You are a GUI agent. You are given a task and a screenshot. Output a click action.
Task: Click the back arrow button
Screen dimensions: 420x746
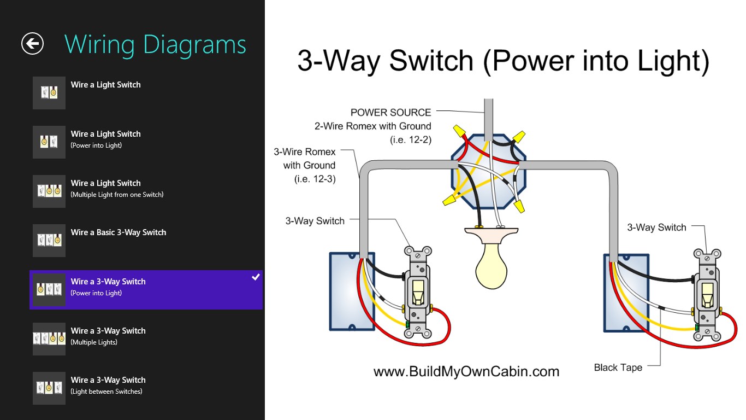(x=32, y=44)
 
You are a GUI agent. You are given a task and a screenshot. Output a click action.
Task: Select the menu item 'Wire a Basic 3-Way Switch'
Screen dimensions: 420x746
(x=119, y=232)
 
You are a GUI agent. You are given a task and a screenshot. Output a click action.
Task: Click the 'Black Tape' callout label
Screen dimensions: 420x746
(x=618, y=367)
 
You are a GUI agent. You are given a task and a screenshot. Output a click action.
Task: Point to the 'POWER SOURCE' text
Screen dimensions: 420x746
(x=390, y=113)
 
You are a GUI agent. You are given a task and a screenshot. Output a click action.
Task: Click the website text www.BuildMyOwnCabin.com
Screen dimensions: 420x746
(x=466, y=372)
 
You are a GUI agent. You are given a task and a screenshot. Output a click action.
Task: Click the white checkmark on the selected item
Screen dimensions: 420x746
(x=256, y=277)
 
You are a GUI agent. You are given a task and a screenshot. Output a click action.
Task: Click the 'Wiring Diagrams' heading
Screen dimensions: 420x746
(x=155, y=44)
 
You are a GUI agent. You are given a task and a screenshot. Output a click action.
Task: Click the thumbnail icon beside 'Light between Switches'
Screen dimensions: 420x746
(x=49, y=388)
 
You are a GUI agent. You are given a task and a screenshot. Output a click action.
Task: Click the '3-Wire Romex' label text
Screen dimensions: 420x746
(x=305, y=151)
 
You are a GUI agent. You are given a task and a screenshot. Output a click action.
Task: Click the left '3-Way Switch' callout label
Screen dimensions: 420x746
(x=315, y=221)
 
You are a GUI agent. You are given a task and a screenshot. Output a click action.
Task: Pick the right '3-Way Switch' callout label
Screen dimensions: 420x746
(x=656, y=227)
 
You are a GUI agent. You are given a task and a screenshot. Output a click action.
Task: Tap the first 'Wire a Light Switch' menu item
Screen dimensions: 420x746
(x=105, y=85)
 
